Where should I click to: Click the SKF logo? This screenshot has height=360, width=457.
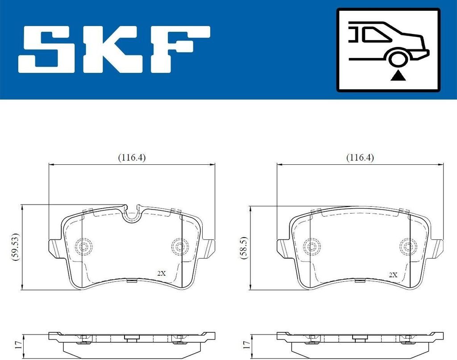(114, 49)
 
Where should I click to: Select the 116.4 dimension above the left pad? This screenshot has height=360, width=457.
(132, 158)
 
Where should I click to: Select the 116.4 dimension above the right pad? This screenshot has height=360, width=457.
(360, 158)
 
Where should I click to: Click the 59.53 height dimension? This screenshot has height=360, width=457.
(16, 247)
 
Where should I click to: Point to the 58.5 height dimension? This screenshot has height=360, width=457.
(244, 247)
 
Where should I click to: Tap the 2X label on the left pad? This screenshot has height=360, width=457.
(161, 274)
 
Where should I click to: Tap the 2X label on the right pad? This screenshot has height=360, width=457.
(393, 275)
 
